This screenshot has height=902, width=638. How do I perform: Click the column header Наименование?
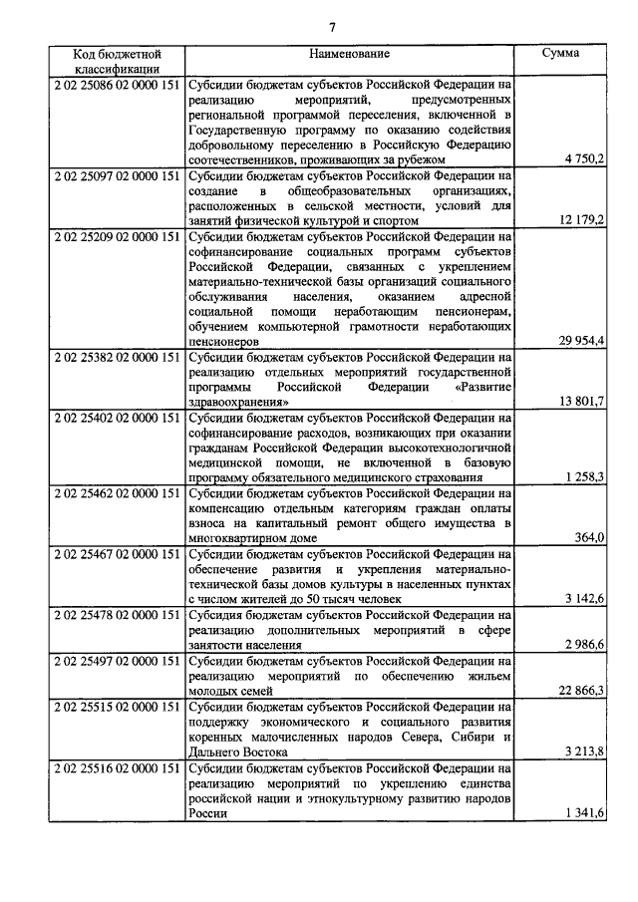[349, 53]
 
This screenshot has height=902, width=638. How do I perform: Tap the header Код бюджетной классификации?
[117, 61]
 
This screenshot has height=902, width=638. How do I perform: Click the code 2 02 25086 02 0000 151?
[117, 86]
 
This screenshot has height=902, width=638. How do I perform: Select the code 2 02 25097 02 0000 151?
[117, 175]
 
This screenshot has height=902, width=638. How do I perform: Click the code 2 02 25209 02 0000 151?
[117, 237]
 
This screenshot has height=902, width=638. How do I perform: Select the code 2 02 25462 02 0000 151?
[117, 492]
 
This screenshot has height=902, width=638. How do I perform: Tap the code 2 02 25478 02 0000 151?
[117, 615]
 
